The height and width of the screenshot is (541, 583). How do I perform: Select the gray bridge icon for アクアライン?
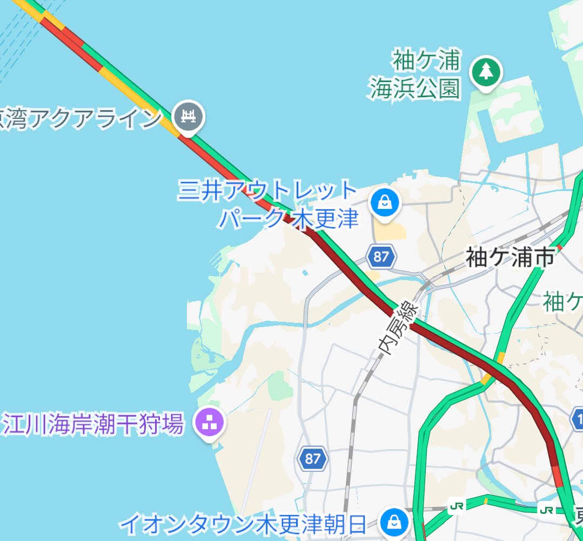[x=187, y=116]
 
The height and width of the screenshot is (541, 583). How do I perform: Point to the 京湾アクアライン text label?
[x=81, y=118]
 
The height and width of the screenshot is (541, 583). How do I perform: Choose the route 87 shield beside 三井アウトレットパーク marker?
[x=381, y=256]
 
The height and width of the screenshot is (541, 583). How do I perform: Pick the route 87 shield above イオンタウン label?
[x=312, y=459]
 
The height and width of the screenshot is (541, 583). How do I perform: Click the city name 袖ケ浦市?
[x=510, y=258]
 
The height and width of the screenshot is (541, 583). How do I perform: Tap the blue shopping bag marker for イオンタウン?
[x=395, y=521]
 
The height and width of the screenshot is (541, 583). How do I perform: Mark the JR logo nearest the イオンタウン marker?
[x=457, y=506]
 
